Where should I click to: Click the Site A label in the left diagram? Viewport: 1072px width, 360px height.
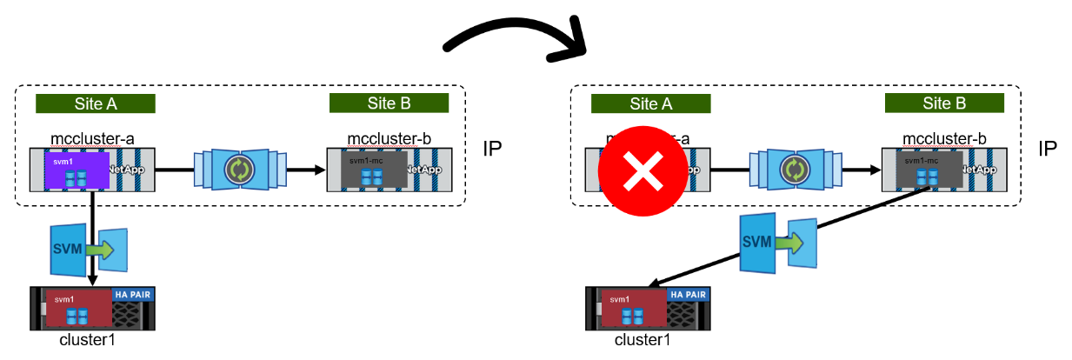[x=96, y=104]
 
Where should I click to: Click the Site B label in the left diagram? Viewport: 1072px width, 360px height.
[x=389, y=103]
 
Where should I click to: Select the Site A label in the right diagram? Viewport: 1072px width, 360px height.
[x=650, y=104]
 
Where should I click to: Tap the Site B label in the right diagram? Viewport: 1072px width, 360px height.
[x=944, y=103]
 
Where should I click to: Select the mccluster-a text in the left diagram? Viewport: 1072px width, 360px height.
[x=92, y=137]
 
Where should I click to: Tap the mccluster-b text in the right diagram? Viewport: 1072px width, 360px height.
[x=944, y=138]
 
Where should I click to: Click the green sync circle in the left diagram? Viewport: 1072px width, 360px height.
[x=238, y=170]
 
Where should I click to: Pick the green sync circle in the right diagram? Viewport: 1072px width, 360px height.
[x=793, y=170]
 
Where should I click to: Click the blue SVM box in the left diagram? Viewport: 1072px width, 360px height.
[x=69, y=250]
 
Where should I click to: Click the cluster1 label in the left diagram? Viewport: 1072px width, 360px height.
[x=87, y=339]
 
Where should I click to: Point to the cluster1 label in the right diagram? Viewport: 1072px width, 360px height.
[x=643, y=339]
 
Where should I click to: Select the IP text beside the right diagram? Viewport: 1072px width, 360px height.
[x=1047, y=148]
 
